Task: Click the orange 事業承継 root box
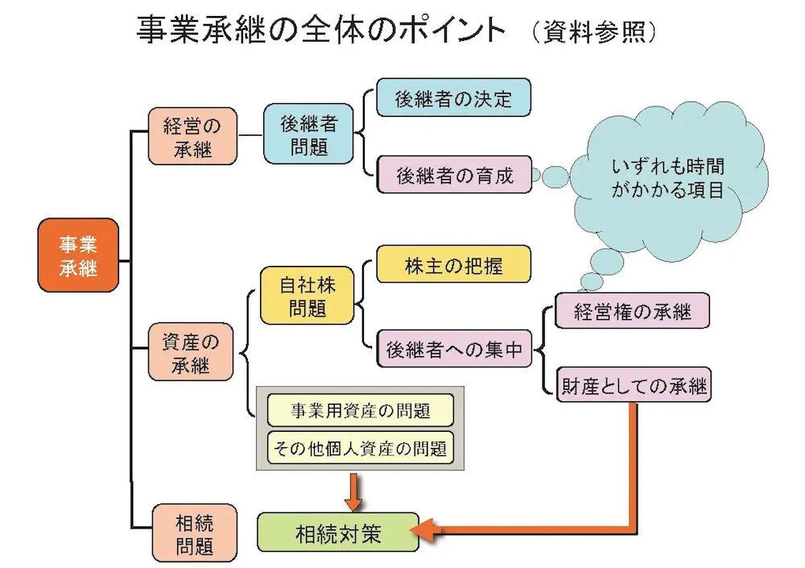pos(78,255)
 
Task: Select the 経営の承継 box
pos(192,136)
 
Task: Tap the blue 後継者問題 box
pos(308,136)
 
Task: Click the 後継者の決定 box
pos(453,98)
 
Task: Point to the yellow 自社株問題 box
pos(307,296)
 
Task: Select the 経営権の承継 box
pos(632,311)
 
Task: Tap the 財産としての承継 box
pos(634,386)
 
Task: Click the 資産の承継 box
pos(191,352)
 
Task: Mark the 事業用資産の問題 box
pos(360,411)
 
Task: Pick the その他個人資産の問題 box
pos(360,447)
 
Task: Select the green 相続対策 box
pos(338,533)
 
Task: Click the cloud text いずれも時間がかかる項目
pos(667,179)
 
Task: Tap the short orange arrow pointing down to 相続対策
pos(352,491)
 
